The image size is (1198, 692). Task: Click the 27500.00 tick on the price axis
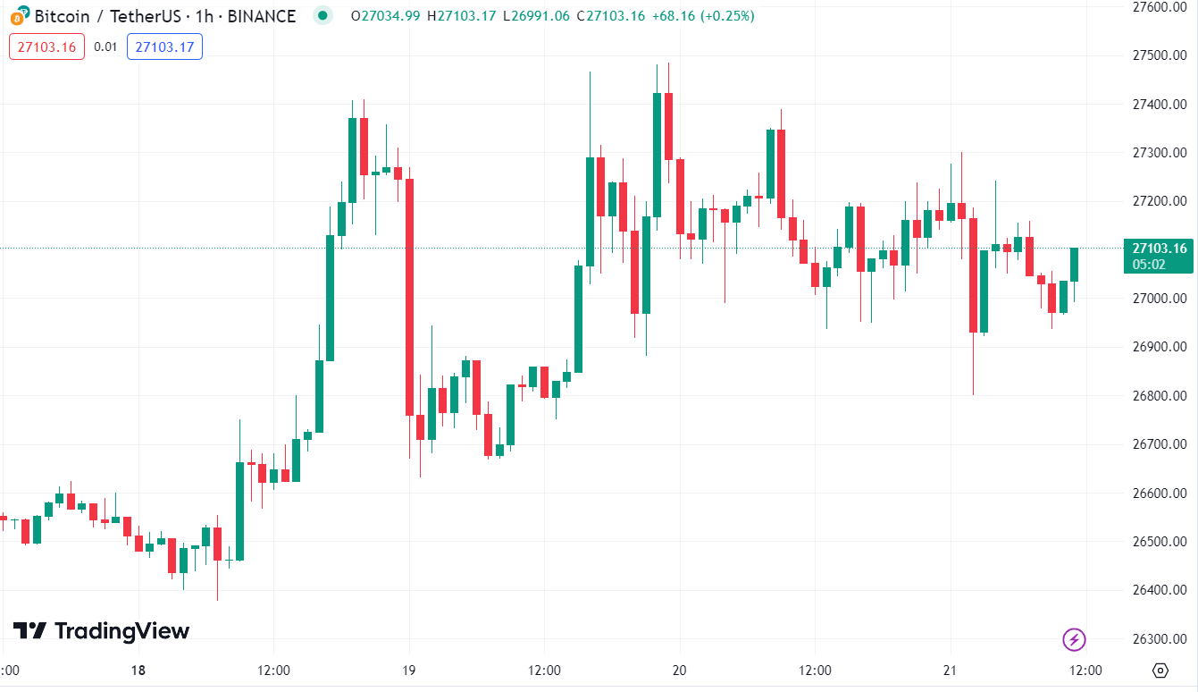pyautogui.click(x=1158, y=55)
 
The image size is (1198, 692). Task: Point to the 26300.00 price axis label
pyautogui.click(x=1158, y=639)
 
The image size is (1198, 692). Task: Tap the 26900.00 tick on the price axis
pyautogui.click(x=1158, y=347)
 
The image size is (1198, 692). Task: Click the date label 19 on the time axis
pyautogui.click(x=409, y=671)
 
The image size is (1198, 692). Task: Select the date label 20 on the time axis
pyautogui.click(x=680, y=671)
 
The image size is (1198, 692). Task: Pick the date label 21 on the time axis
pyautogui.click(x=951, y=671)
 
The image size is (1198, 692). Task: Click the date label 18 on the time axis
pyautogui.click(x=138, y=671)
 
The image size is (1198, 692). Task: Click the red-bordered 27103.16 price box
pyautogui.click(x=46, y=46)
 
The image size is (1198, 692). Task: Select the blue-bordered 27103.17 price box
pyautogui.click(x=164, y=46)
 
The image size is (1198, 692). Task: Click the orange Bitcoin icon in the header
pyautogui.click(x=18, y=15)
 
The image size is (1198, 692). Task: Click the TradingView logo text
pyautogui.click(x=101, y=631)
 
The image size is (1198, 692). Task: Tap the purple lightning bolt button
pyautogui.click(x=1074, y=639)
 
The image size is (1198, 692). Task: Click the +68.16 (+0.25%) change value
pyautogui.click(x=702, y=16)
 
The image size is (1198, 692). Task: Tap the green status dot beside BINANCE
pyautogui.click(x=323, y=15)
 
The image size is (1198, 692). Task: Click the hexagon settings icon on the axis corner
pyautogui.click(x=1160, y=671)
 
